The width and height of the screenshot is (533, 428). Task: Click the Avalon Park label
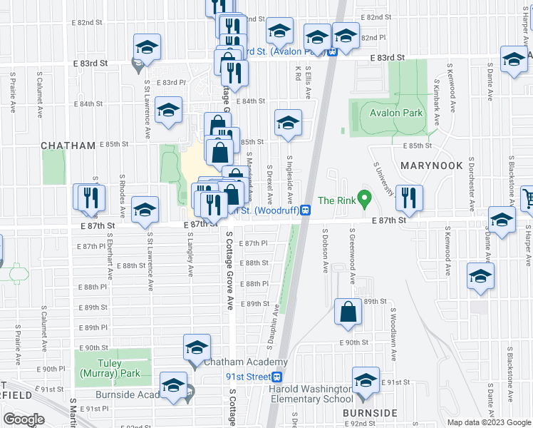396,113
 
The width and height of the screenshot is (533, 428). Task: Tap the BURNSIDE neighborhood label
369,413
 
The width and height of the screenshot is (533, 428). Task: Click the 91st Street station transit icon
279,377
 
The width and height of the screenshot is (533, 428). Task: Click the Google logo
24,419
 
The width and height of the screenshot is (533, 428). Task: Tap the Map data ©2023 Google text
488,422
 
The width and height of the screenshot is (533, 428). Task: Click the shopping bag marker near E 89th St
347,312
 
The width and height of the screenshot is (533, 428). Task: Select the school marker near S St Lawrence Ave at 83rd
147,47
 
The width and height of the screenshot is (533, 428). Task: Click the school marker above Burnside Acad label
173,385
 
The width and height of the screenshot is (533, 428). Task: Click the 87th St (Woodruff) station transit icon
305,210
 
